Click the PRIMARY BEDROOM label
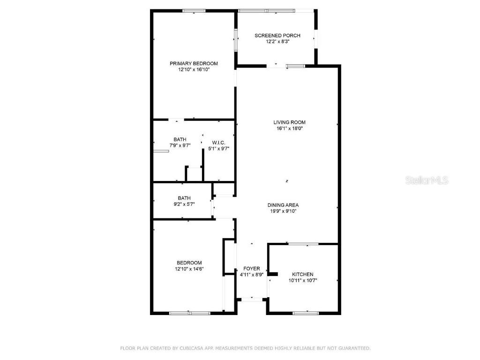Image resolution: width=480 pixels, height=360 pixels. coord(194,63)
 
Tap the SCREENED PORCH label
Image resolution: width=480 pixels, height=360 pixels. coord(277,36)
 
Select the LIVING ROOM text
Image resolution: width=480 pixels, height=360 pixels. coord(289,122)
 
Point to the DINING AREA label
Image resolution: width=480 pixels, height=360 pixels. coord(283,205)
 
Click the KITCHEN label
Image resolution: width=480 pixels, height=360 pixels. coord(302,274)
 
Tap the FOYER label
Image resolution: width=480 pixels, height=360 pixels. coord(251,269)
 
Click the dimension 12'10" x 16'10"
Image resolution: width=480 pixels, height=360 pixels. coord(194,69)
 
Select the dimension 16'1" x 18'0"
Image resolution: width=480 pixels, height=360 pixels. coord(289,128)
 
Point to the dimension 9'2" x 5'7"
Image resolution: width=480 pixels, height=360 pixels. coord(184,204)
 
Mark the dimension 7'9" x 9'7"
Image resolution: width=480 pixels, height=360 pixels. coord(180,145)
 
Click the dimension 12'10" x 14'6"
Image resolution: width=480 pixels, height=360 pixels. coord(189,269)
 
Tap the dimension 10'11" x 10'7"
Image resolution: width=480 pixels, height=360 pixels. coord(302,280)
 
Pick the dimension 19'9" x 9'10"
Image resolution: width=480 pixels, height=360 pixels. coord(283,211)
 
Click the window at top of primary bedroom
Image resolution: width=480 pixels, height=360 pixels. coord(194,11)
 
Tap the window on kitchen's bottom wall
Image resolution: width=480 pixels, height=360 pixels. coord(306,313)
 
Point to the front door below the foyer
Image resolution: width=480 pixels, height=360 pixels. coord(251,299)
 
